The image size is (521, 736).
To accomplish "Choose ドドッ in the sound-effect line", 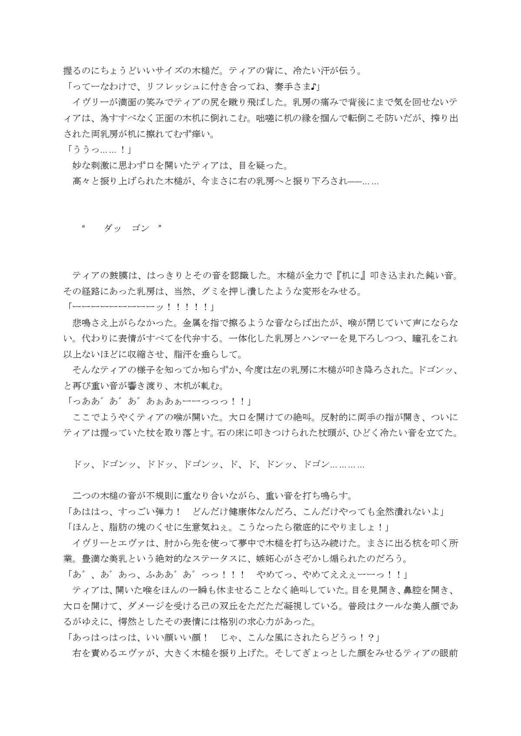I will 161,465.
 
